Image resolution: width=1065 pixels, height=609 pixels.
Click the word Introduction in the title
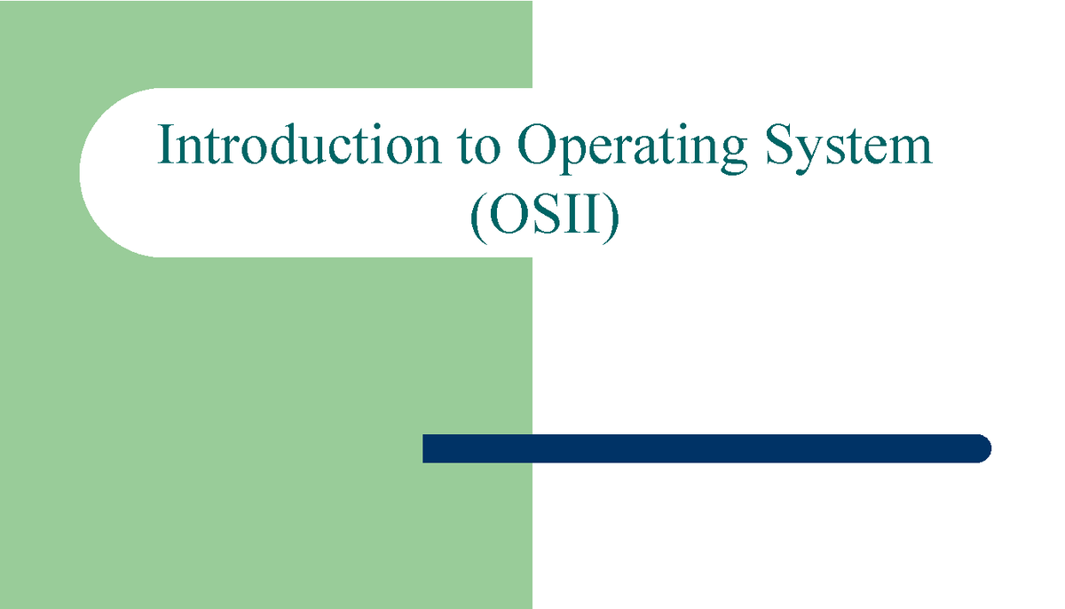[x=298, y=146]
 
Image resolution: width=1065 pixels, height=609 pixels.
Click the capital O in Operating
[x=536, y=146]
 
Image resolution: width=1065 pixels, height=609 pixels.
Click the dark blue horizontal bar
[x=706, y=448]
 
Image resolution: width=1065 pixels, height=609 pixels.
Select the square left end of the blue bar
[x=428, y=448]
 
